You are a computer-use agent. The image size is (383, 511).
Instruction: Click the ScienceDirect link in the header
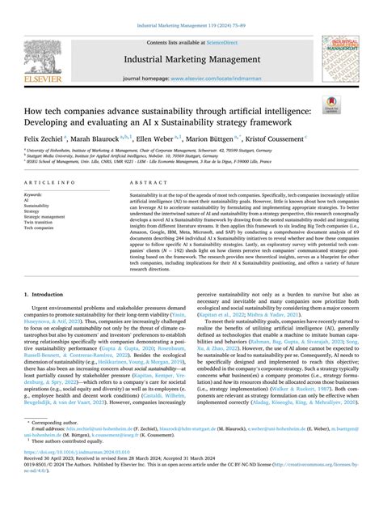[229, 40]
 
